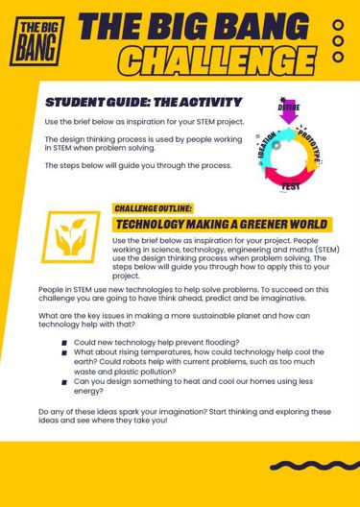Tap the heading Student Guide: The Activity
[143, 103]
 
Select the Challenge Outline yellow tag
[154, 207]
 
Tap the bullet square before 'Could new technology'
[63, 342]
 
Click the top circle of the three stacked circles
[337, 26]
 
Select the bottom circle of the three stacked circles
[337, 58]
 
